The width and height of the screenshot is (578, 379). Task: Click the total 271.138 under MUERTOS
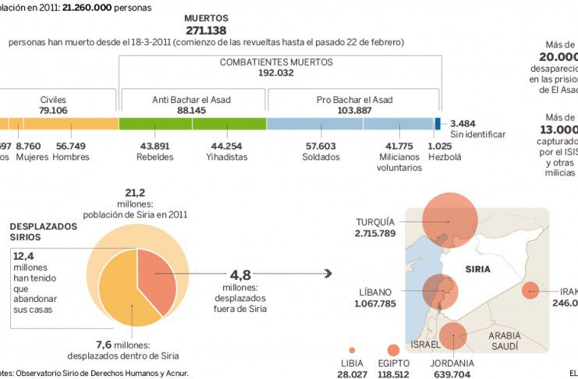pyautogui.click(x=205, y=30)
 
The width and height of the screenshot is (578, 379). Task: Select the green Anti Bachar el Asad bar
pyautogui.click(x=192, y=123)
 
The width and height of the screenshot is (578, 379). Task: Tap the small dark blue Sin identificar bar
pyautogui.click(x=438, y=123)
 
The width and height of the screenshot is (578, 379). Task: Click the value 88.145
pyautogui.click(x=191, y=111)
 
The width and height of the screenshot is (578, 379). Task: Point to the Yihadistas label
pyautogui.click(x=226, y=157)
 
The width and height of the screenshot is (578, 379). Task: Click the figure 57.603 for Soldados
pyautogui.click(x=321, y=146)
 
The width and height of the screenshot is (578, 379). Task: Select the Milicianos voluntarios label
pyautogui.click(x=399, y=162)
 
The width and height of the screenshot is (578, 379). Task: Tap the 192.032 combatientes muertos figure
pyautogui.click(x=276, y=73)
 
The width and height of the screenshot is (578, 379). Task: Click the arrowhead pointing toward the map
pyautogui.click(x=328, y=274)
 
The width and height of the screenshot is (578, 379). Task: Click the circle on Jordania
pyautogui.click(x=452, y=336)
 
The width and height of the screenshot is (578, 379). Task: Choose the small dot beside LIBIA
pyautogui.click(x=352, y=350)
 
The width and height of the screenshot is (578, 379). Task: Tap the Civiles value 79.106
pyautogui.click(x=53, y=111)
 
